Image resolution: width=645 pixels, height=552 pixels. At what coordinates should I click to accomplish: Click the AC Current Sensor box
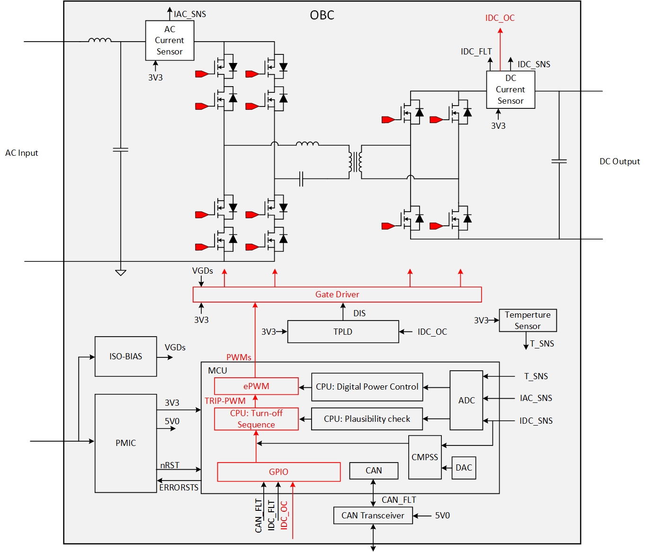coord(170,40)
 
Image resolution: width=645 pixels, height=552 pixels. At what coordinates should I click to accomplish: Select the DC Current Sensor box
coord(511,89)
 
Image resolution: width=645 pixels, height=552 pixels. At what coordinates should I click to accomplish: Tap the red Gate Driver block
coord(337,294)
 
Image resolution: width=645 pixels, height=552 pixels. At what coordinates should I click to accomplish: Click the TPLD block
coord(343,331)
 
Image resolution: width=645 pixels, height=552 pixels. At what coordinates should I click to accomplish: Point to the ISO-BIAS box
coord(125,356)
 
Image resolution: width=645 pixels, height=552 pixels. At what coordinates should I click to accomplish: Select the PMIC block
coord(125,443)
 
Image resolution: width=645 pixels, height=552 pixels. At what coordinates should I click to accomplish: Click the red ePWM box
coord(256,386)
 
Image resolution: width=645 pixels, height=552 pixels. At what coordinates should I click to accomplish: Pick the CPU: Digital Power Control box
coord(367,387)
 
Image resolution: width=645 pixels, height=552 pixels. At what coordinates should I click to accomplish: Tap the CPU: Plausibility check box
coord(367,419)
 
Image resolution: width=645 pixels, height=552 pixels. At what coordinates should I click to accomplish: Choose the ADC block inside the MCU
coord(466,400)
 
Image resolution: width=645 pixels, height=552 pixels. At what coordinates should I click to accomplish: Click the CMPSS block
coord(425,457)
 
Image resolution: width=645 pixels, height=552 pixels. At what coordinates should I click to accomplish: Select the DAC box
coord(464,468)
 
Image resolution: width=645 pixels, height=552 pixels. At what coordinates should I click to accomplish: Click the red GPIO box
coord(278,472)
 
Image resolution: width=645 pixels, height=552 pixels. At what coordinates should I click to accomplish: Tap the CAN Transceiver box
coord(373,516)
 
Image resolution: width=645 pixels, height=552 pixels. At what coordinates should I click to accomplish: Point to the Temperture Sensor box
coord(528,321)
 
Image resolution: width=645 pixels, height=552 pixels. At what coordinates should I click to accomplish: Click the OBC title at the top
coord(322,15)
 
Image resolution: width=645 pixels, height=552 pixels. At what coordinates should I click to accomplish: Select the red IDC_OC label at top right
coord(500,18)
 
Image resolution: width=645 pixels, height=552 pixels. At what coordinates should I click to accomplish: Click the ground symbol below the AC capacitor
coord(121,272)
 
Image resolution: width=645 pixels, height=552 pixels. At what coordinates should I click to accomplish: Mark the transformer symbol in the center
coord(355,162)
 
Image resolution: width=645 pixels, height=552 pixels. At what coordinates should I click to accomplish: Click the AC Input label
coord(22,153)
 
